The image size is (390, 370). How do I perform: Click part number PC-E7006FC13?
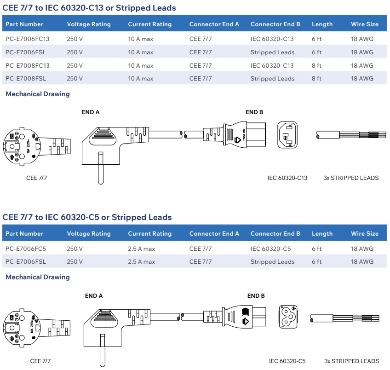pos(27,39)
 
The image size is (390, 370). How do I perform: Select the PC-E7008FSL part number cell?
pos(26,79)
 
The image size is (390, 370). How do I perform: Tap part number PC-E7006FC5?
pos(26,249)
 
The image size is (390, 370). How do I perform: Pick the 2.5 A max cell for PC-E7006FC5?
pos(142,249)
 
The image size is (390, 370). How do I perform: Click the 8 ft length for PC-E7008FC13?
pos(316,66)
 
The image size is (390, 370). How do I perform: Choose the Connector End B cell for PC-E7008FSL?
pos(272,79)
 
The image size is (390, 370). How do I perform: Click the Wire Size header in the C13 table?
pos(365,24)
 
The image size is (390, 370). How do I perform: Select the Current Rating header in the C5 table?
pos(149,234)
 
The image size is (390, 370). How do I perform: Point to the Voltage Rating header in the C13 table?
pos(89,24)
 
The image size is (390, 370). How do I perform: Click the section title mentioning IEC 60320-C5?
pos(87,217)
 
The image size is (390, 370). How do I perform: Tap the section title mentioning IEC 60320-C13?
pos(89,8)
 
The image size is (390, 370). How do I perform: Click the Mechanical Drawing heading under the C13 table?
pos(38,94)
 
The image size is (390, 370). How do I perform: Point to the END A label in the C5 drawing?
pos(94,296)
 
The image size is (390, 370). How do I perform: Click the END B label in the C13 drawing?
pos(254,112)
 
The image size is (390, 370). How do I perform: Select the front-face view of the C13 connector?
pos(287,135)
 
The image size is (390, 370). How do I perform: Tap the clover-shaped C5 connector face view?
pos(289,316)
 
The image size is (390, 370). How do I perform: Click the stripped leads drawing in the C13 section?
pos(347,135)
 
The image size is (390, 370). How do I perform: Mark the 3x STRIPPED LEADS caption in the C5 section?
pos(351,361)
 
